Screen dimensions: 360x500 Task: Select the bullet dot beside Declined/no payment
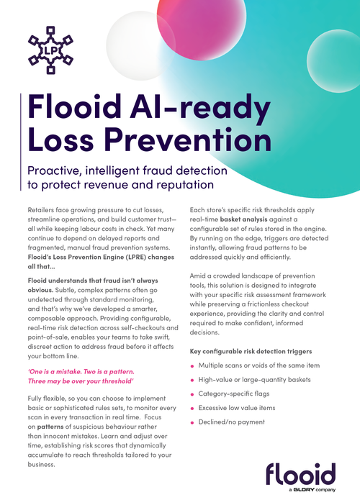click(192, 422)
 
